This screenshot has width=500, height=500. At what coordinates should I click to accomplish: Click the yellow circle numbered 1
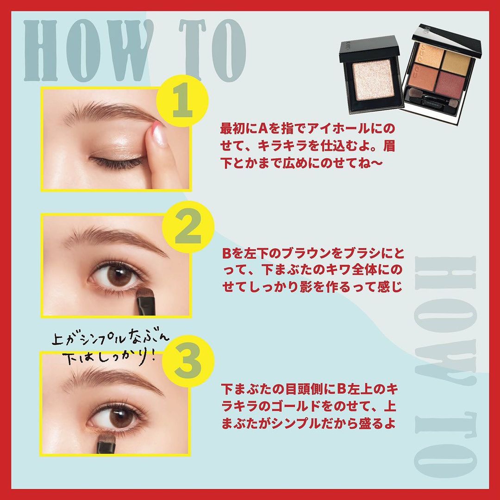182,101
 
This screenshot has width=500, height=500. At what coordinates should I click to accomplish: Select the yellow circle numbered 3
188,361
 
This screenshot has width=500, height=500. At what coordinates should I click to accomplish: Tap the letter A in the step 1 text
265,129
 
